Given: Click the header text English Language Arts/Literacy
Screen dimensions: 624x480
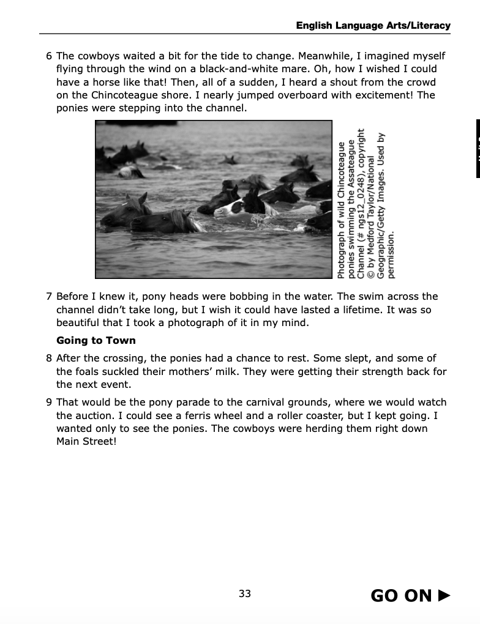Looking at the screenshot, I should tap(373, 26).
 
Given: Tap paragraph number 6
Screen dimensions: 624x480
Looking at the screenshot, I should tap(49, 56).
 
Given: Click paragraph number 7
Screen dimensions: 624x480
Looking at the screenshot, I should tap(49, 297).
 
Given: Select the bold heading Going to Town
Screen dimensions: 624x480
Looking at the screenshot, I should tap(96, 341).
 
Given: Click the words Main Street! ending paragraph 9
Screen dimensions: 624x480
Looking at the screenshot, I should tap(86, 442).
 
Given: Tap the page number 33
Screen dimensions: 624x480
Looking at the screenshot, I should tap(245, 593).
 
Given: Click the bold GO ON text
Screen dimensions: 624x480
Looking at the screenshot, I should tap(401, 596).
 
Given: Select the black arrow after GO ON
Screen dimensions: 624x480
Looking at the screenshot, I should tap(444, 595).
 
